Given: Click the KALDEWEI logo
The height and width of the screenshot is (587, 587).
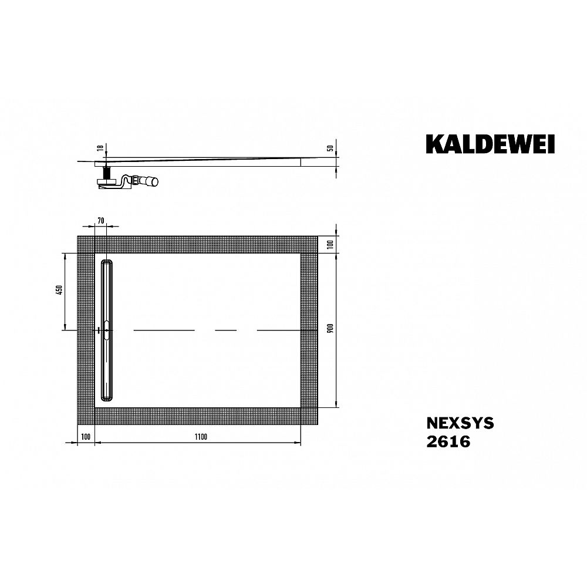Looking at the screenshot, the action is [490, 144].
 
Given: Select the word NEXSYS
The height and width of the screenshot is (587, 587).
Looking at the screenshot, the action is [460, 423].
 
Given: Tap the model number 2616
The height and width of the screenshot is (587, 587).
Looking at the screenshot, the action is [448, 442].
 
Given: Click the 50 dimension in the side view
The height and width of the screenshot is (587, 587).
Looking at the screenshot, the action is [330, 148].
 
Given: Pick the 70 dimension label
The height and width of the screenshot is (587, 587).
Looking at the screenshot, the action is [100, 221].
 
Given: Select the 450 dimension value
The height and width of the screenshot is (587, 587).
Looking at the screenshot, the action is [59, 290].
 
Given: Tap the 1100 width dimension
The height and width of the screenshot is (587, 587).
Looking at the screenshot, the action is [201, 437].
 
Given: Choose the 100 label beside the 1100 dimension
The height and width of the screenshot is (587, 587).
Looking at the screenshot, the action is [86, 437].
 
